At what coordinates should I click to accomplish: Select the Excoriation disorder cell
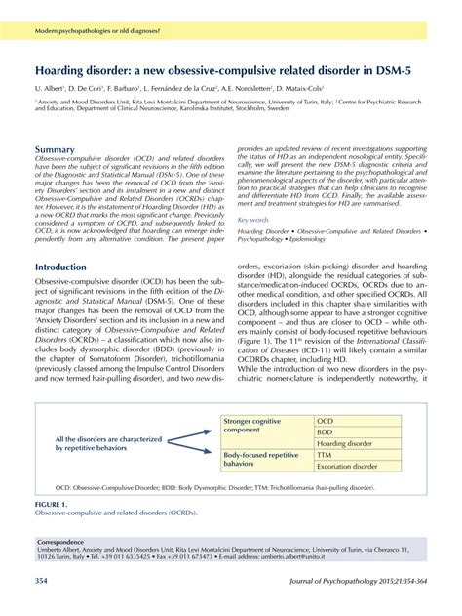[347, 467]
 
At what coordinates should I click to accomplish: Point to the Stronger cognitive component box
[258, 426]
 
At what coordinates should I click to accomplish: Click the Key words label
[253, 220]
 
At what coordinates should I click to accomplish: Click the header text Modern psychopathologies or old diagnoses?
[98, 32]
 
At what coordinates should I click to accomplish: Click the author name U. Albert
[52, 88]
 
